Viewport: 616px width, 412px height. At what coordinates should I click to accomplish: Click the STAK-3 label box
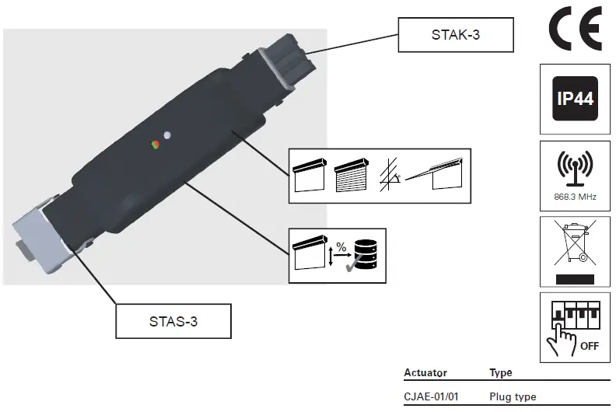[456, 34]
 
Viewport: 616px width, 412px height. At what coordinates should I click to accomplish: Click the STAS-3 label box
[173, 321]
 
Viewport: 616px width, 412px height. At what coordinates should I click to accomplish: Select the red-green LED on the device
[155, 144]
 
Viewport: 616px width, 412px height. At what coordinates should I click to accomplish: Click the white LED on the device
[167, 134]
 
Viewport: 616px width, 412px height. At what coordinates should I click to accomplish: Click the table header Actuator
[425, 373]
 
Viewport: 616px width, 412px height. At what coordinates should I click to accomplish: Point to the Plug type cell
[513, 397]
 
